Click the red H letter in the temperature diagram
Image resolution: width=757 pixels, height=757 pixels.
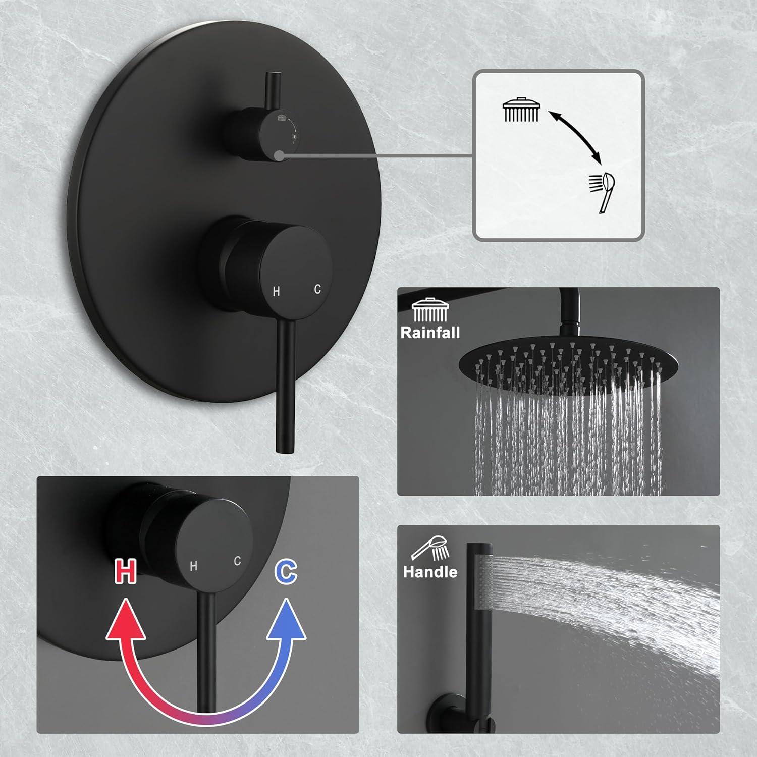click(x=125, y=571)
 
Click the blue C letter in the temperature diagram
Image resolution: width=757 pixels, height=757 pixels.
click(x=286, y=571)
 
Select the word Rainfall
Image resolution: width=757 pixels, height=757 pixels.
click(x=430, y=333)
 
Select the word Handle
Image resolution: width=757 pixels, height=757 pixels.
click(x=430, y=572)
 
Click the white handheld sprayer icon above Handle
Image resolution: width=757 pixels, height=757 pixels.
click(x=430, y=549)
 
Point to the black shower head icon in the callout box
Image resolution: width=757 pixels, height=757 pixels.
click(x=521, y=110)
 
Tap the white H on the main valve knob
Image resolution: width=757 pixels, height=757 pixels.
click(x=276, y=291)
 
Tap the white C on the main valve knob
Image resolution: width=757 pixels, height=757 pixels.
click(x=317, y=289)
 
